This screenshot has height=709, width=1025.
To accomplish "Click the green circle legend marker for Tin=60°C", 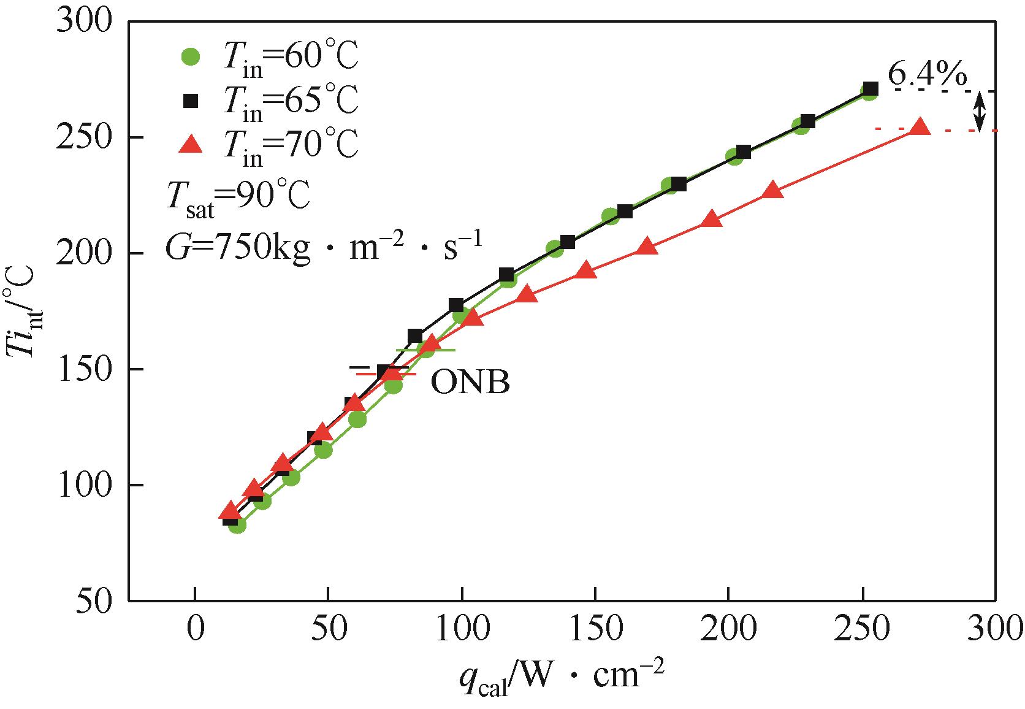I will tap(192, 56).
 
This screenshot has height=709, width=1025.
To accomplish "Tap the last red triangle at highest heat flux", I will tap(920, 128).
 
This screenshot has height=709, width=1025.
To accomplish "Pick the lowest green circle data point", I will tap(237, 525).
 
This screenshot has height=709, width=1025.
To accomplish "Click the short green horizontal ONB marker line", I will tap(426, 350).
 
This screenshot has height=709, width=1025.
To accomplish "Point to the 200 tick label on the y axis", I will tap(84, 253).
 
